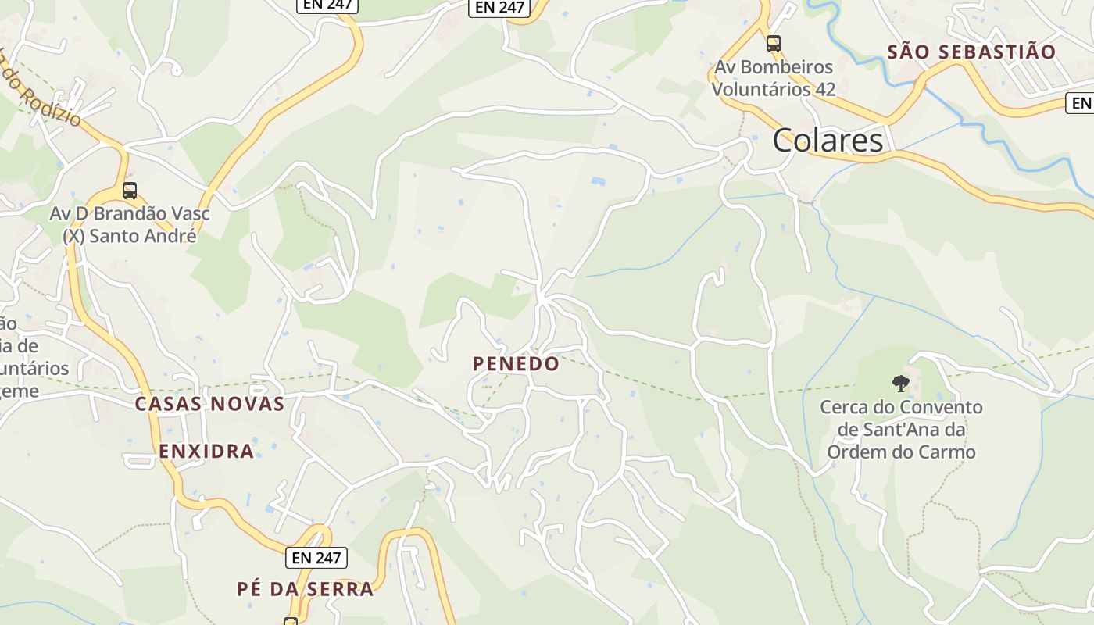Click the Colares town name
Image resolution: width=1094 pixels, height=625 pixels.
click(x=828, y=141)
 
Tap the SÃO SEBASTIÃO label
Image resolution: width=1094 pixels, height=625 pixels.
click(x=972, y=52)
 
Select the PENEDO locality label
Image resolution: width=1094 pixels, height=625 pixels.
click(x=516, y=363)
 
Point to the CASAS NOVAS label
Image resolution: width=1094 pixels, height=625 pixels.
click(x=209, y=404)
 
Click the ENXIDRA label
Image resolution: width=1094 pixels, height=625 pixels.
click(x=206, y=451)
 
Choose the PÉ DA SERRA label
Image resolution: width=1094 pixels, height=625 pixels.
click(x=305, y=589)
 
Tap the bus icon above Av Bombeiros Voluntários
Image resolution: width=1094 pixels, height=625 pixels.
click(x=773, y=44)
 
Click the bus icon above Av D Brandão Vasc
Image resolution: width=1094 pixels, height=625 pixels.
click(x=130, y=190)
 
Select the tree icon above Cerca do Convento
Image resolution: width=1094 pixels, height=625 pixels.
click(x=900, y=383)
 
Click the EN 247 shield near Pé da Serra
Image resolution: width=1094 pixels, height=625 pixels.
click(x=317, y=558)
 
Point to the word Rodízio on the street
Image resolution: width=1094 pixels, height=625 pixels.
click(x=52, y=105)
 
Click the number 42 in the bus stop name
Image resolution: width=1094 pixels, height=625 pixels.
click(x=824, y=89)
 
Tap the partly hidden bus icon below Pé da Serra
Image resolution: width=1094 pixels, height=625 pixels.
click(x=291, y=621)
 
